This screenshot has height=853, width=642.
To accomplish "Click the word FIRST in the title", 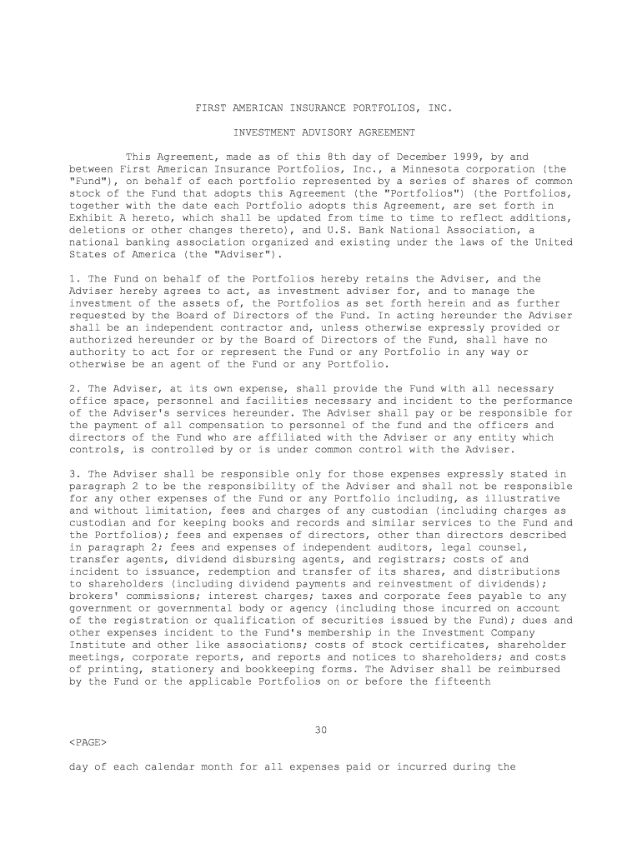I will [x=212, y=108].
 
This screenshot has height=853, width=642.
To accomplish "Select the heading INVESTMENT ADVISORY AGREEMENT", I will [x=324, y=132].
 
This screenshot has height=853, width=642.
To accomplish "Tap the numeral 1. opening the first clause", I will [x=74, y=278].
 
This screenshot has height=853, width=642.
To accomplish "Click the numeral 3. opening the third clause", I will [x=74, y=474].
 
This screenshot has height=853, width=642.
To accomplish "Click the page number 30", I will [x=321, y=730].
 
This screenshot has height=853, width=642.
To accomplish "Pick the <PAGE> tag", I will [x=88, y=741].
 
